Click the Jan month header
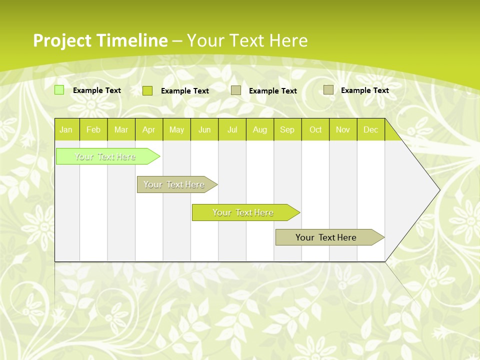coord(66,129)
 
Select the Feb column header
coord(93,129)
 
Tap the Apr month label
coord(148,129)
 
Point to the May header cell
coord(176,129)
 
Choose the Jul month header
coord(232,129)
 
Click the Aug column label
coord(259,129)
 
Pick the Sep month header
coord(287,129)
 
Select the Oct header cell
coord(315,129)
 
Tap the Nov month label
coord(343,129)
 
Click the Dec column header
coord(370,129)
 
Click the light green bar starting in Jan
coord(105,156)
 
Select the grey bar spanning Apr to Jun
coord(174,184)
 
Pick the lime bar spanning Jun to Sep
coord(243,212)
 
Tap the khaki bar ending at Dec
coord(326,237)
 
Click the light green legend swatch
coord(59,90)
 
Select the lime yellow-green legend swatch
coord(147,90)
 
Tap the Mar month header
coord(121,129)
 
